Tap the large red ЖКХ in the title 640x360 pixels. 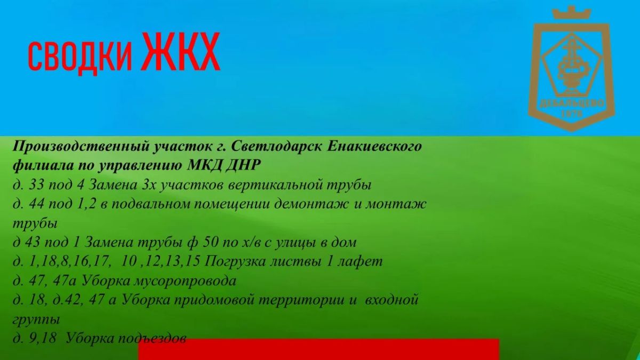[181, 52]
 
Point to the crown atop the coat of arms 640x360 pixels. [571, 13]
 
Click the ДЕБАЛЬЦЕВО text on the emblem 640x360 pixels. [572, 103]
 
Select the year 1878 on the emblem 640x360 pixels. [572, 114]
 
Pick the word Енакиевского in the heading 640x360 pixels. [374, 147]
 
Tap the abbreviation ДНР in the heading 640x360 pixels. [243, 166]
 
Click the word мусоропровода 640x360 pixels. [185, 281]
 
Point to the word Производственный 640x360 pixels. [81, 147]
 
